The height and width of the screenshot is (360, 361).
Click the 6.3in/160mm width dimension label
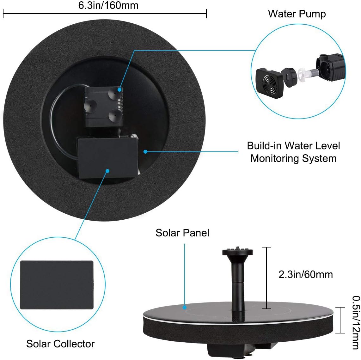tap(108, 5)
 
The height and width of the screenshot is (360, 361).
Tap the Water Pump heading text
tap(297, 14)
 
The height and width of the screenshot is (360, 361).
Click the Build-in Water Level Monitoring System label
tap(293, 152)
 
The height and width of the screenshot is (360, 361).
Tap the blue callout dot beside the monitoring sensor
tap(145, 152)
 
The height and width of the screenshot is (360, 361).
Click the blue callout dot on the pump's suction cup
tap(119, 90)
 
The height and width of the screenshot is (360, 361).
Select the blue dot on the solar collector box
tap(107, 171)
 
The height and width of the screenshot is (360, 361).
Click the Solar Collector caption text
tap(60, 344)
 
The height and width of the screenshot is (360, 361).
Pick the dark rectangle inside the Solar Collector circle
tap(57, 285)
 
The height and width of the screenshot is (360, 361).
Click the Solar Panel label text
tap(182, 233)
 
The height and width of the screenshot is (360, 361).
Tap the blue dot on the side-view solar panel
tap(185, 307)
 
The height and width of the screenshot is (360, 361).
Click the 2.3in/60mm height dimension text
tap(305, 274)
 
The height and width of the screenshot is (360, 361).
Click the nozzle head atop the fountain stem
tap(238, 252)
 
